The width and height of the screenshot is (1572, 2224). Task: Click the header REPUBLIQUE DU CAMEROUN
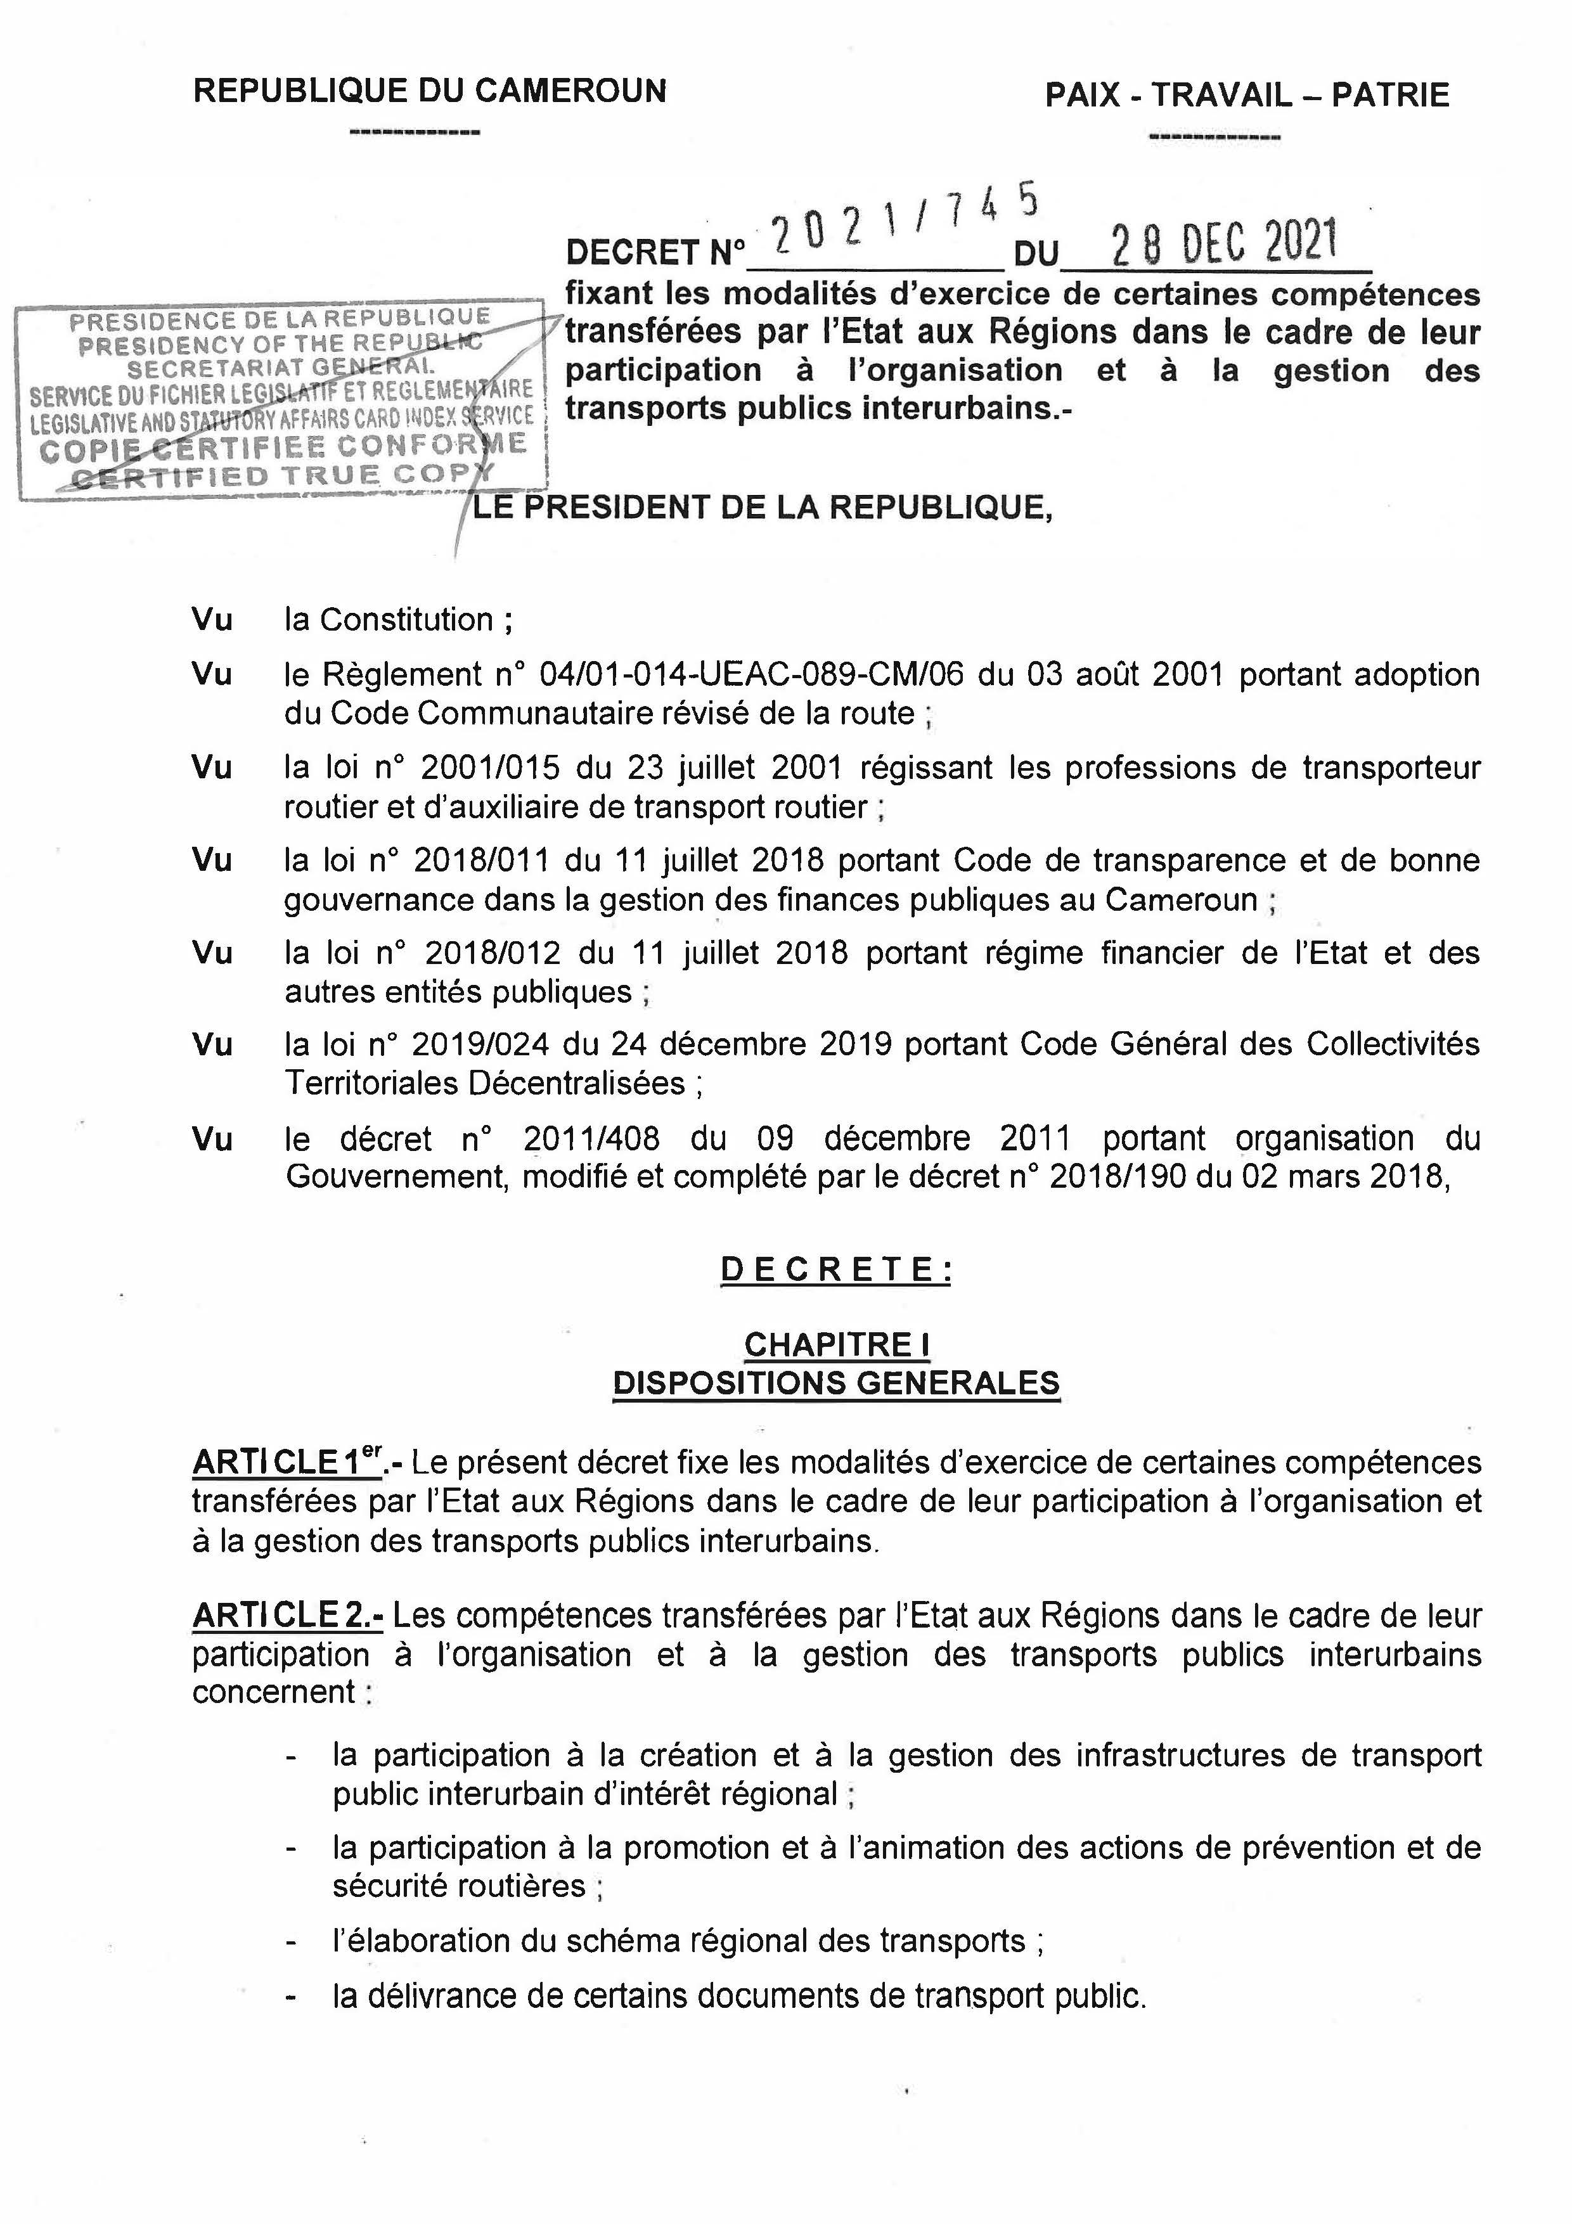(x=430, y=91)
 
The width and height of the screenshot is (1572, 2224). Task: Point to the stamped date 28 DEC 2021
(x=1224, y=243)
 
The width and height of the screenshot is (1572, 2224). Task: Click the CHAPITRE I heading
(x=837, y=1344)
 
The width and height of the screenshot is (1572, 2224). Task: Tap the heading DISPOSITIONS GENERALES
(x=837, y=1382)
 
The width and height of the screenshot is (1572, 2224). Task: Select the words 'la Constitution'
(x=389, y=620)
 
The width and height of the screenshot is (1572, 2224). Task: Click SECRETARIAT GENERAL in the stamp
(x=281, y=369)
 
